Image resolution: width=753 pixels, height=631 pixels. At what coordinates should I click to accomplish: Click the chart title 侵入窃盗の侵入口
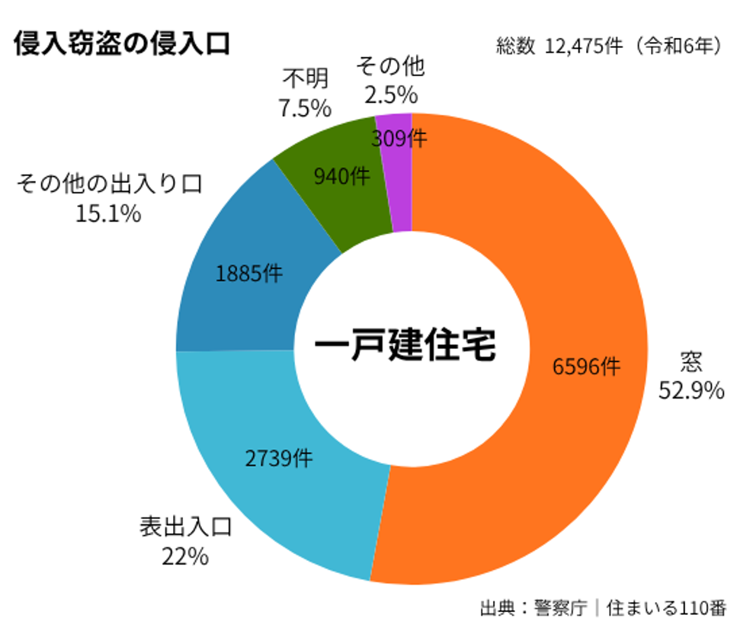[122, 43]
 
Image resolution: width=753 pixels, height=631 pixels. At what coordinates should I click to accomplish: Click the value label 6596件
[586, 367]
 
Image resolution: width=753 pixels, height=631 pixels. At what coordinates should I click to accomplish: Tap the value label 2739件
[278, 458]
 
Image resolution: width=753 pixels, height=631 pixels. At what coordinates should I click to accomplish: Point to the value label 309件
[399, 138]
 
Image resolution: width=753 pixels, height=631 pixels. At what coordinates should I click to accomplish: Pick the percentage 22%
[185, 556]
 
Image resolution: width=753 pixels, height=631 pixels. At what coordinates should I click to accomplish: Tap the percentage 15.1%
[108, 214]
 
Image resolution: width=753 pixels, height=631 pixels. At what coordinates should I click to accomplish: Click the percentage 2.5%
[390, 95]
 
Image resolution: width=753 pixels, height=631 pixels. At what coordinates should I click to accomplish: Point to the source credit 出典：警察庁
[534, 608]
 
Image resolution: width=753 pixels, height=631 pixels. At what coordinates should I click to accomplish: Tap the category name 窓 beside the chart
[691, 362]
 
